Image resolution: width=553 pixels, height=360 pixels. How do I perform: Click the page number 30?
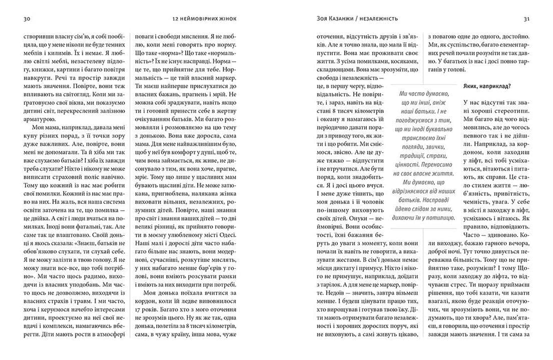[x=28, y=19]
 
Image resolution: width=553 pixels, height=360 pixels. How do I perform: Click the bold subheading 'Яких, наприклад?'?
[x=487, y=86]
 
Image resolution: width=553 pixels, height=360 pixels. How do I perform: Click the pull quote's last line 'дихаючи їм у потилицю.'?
[x=424, y=218]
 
